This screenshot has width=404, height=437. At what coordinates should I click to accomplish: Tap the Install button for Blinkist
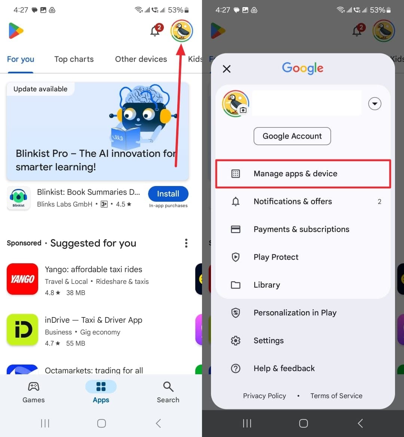point(168,194)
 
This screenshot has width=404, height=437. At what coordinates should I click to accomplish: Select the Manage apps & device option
point(295,174)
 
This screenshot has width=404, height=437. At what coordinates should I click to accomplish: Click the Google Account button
point(292,136)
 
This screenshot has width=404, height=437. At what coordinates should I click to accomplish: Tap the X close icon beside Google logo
point(227,69)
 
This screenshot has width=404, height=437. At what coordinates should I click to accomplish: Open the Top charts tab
point(74,59)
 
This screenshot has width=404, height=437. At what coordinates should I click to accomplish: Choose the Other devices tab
point(141,59)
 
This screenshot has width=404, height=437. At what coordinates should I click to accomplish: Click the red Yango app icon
point(22,279)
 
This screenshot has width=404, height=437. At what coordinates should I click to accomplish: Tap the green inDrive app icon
point(22,330)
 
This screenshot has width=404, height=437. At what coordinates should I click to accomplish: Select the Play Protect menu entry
point(276,257)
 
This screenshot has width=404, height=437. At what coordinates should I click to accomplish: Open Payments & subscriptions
point(301,229)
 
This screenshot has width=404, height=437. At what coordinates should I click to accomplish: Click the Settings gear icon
point(236,341)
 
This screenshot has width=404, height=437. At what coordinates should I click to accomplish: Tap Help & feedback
point(284,368)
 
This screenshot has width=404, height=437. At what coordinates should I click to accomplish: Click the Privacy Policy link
point(264,396)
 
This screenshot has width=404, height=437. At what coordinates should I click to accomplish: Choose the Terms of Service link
point(336,396)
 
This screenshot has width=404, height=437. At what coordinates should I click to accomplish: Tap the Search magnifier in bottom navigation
point(168,387)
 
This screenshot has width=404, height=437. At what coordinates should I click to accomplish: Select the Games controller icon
point(34,387)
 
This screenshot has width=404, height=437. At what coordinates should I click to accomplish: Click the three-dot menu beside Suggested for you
point(186,243)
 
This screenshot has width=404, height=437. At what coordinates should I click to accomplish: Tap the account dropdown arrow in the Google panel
point(375,103)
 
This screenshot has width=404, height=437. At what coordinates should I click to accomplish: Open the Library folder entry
point(266,285)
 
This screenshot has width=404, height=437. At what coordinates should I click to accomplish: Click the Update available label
point(40,89)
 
